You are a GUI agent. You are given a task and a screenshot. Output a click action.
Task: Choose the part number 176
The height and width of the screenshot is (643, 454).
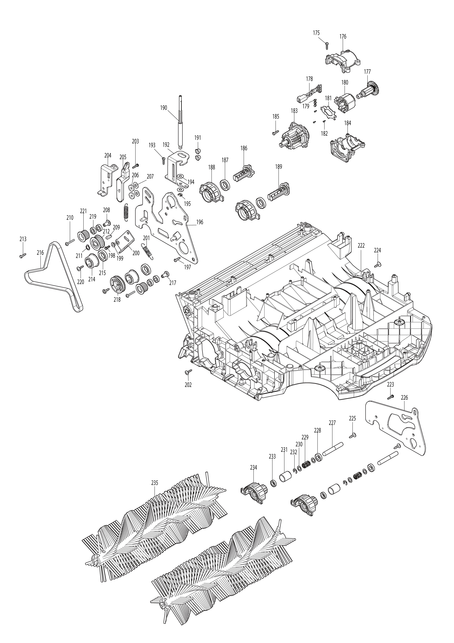(x=343, y=36)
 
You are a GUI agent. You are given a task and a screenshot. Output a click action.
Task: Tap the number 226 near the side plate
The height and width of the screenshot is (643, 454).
(x=404, y=397)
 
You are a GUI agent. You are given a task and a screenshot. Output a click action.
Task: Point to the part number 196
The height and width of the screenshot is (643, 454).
(x=200, y=222)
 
